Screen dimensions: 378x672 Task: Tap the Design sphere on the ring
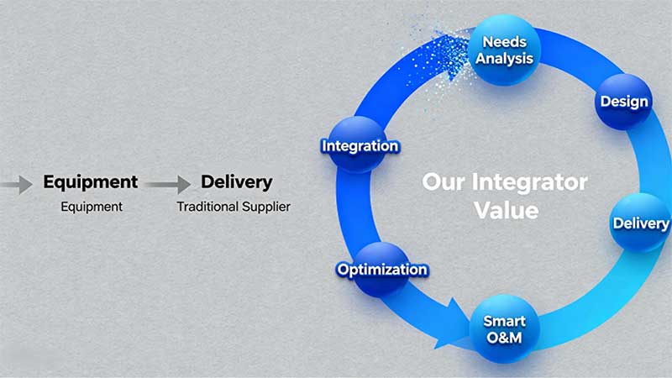point(624,102)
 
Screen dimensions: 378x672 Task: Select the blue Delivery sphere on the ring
point(640,223)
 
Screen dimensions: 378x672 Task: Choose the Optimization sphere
point(382,270)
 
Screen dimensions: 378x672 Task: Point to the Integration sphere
point(360,146)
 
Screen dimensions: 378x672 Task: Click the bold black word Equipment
point(90,181)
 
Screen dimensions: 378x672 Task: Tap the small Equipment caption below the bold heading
point(92,206)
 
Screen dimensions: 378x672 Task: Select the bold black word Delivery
point(236,181)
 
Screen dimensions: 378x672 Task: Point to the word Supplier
point(268,206)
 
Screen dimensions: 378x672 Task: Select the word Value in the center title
point(506,209)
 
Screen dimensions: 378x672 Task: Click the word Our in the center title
point(440,181)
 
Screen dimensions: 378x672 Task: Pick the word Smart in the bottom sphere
point(504,321)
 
